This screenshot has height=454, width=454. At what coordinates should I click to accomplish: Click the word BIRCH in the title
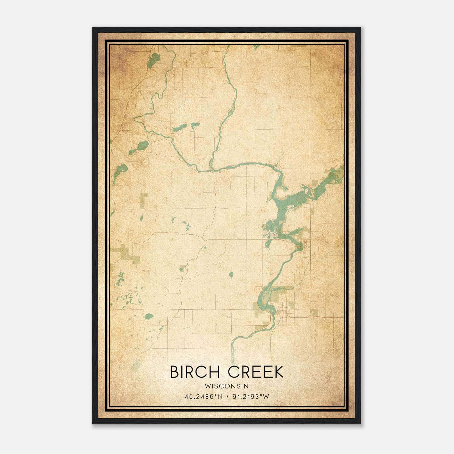click(x=195, y=372)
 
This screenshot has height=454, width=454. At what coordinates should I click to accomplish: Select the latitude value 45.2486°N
click(x=203, y=397)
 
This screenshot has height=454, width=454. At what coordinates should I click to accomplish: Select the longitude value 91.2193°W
click(x=251, y=397)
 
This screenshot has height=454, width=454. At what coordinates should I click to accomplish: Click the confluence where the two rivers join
click(x=211, y=170)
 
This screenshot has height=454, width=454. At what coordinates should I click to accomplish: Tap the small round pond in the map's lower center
click(x=231, y=275)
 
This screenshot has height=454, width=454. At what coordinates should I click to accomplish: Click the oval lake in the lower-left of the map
click(x=149, y=316)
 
